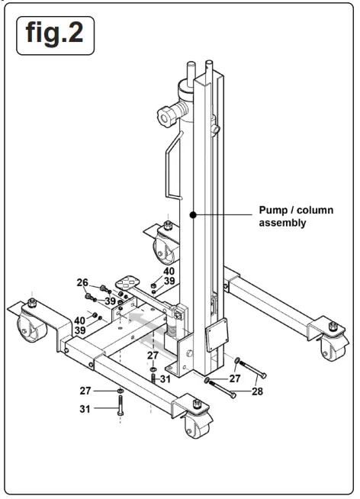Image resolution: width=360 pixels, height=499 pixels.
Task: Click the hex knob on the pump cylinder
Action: pyautogui.click(x=166, y=118)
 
